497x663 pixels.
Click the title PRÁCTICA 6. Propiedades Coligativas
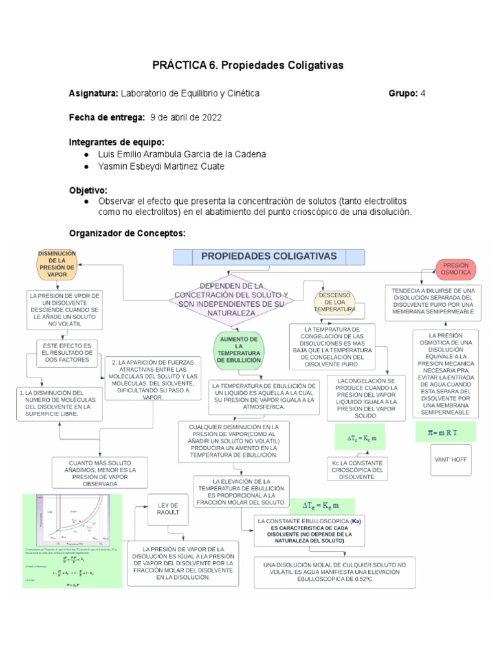[x=248, y=65]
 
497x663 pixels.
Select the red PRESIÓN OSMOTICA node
[x=456, y=269]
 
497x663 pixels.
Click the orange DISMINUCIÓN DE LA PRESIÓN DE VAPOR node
[x=58, y=264]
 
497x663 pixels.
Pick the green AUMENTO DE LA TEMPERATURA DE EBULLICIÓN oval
[x=239, y=349]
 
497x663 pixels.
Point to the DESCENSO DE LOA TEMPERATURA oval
[x=335, y=302]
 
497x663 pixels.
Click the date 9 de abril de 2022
[x=186, y=118]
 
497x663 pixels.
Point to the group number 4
[x=423, y=93]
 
